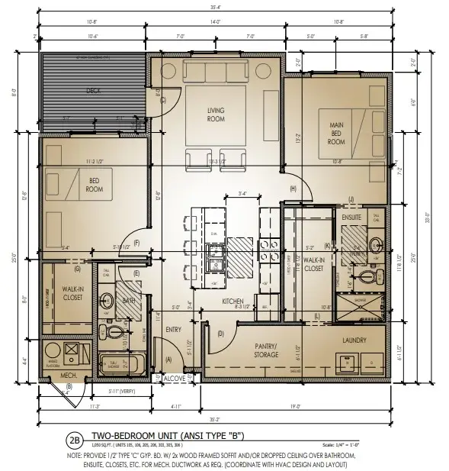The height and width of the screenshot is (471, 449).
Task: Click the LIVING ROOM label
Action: pyautogui.click(x=216, y=115)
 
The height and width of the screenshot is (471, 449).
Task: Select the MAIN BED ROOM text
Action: pyautogui.click(x=337, y=133)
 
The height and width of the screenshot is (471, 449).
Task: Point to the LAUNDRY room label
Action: pyautogui.click(x=354, y=340)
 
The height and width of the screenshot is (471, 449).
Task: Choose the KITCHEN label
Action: pyautogui.click(x=233, y=302)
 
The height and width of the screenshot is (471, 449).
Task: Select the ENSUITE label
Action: pyautogui.click(x=351, y=217)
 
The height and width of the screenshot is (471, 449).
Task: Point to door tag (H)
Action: pyautogui.click(x=292, y=189)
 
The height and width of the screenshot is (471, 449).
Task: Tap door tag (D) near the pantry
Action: pyautogui.click(x=221, y=334)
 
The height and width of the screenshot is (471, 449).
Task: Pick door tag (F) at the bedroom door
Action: pyautogui.click(x=136, y=244)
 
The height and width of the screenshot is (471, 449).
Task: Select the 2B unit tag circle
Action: pyautogui.click(x=74, y=440)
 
